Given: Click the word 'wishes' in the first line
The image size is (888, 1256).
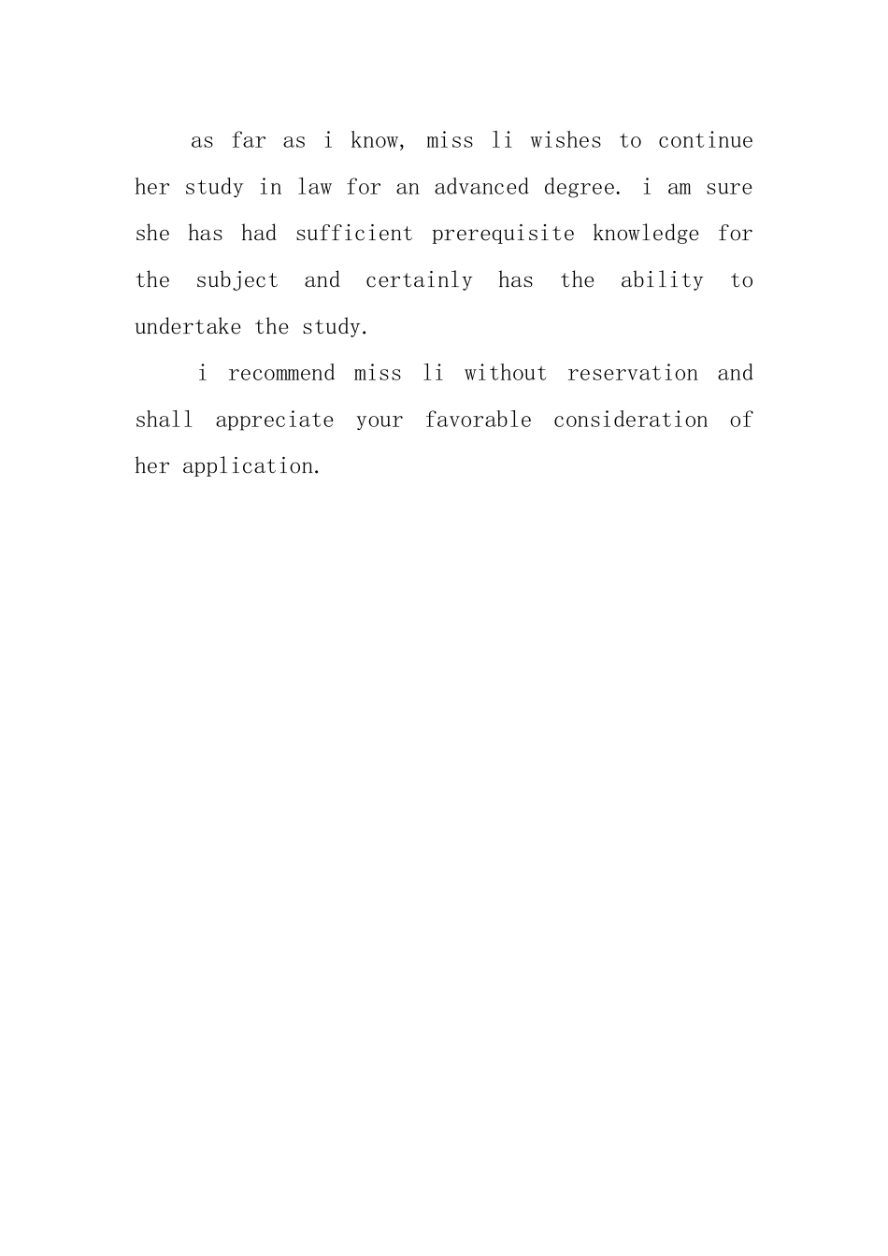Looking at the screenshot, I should coord(566,141).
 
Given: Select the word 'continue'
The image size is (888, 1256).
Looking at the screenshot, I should coord(705,141).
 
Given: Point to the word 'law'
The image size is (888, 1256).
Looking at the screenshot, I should coord(314,188).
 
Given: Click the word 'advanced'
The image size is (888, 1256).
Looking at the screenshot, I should coord(480,188).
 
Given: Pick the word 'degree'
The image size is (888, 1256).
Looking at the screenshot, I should coord(580,188).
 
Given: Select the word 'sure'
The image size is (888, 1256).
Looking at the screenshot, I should coord(729,188).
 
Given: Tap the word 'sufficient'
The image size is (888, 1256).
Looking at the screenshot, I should coord(353,234).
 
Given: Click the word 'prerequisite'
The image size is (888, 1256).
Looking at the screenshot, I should coord(503,235).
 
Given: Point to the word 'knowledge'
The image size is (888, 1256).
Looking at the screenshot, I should coord(645,235).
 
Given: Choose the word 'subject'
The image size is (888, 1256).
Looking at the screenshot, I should coord(236,281).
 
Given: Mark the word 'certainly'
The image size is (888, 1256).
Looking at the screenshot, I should coord(419,280).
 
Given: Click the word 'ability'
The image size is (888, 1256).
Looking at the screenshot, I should coord(662,280).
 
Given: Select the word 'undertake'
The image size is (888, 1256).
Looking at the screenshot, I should coord(188,327).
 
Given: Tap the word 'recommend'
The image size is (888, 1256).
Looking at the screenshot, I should coord(280,374).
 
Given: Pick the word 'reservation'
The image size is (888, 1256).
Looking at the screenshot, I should coord(632,374).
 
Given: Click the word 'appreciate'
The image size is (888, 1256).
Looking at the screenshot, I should coord(274,421).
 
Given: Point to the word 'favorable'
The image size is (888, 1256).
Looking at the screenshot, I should coord(478,421).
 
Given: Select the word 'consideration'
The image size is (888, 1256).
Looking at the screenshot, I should coord(630,421).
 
